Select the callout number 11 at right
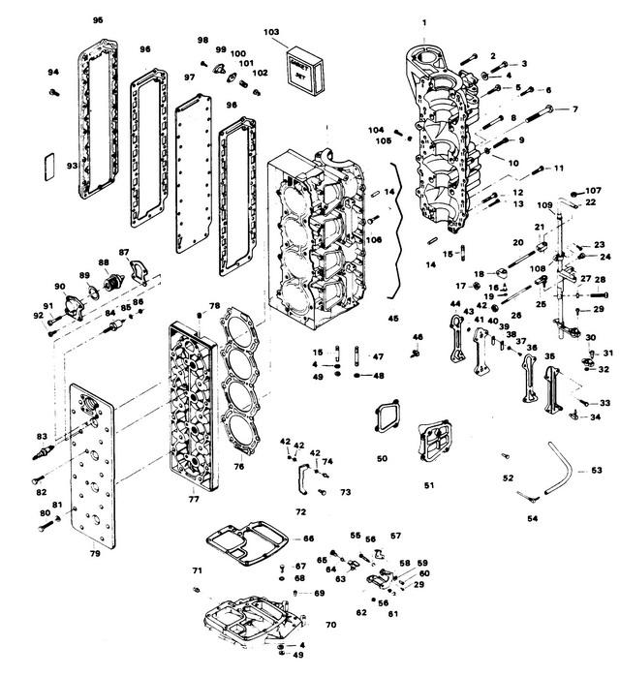pyautogui.click(x=559, y=169)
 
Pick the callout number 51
pyautogui.click(x=428, y=485)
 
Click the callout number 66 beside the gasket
pyautogui.click(x=308, y=539)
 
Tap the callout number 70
pyautogui.click(x=331, y=625)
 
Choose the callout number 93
pyautogui.click(x=71, y=166)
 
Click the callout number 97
pyautogui.click(x=190, y=77)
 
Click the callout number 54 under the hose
pyautogui.click(x=532, y=518)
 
